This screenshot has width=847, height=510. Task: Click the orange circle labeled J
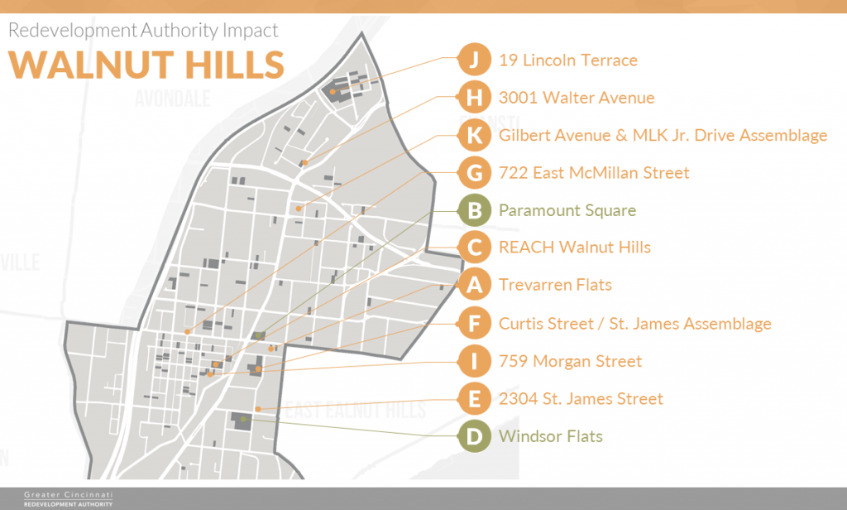pyautogui.click(x=474, y=60)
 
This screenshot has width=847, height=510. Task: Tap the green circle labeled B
pyautogui.click(x=474, y=210)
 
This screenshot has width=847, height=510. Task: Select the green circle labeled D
pyautogui.click(x=474, y=436)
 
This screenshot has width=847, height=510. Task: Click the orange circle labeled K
pyautogui.click(x=474, y=135)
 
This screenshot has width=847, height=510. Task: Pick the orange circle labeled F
pyautogui.click(x=474, y=324)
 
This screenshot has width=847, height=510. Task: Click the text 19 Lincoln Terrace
pyautogui.click(x=567, y=60)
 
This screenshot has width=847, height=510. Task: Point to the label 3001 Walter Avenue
pyautogui.click(x=577, y=98)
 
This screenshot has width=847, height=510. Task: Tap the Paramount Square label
pyautogui.click(x=567, y=210)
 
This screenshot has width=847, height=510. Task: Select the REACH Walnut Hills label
pyautogui.click(x=575, y=248)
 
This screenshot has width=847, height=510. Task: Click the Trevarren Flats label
pyautogui.click(x=555, y=285)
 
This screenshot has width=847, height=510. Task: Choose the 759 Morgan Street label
pyautogui.click(x=570, y=361)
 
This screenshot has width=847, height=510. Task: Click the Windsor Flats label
pyautogui.click(x=550, y=436)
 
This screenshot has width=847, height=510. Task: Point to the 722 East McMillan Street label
pyautogui.click(x=594, y=173)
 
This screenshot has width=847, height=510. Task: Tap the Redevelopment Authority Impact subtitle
pyautogui.click(x=143, y=31)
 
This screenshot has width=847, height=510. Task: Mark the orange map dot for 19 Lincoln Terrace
pyautogui.click(x=333, y=91)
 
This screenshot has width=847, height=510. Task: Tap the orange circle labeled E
pyautogui.click(x=474, y=399)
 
